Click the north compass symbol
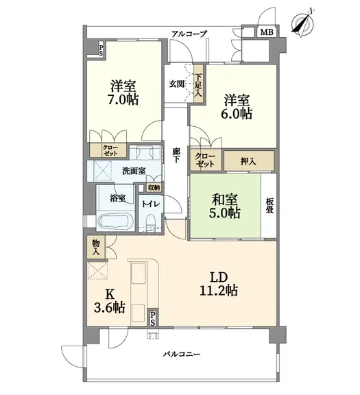[303, 23]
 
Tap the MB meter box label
[267, 32]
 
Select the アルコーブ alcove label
[189, 34]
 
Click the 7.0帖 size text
[123, 99]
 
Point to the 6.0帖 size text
[237, 114]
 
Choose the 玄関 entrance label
[176, 84]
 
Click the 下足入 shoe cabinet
[198, 84]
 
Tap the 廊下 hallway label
[176, 155]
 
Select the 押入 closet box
[249, 160]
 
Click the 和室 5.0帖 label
[224, 206]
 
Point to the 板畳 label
[269, 206]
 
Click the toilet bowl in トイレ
[151, 221]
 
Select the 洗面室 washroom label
[134, 171]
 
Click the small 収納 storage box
[154, 187]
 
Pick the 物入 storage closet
[96, 247]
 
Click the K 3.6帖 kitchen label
[109, 301]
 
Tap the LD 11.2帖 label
[219, 284]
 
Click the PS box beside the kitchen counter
[153, 318]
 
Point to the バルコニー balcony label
[182, 354]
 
